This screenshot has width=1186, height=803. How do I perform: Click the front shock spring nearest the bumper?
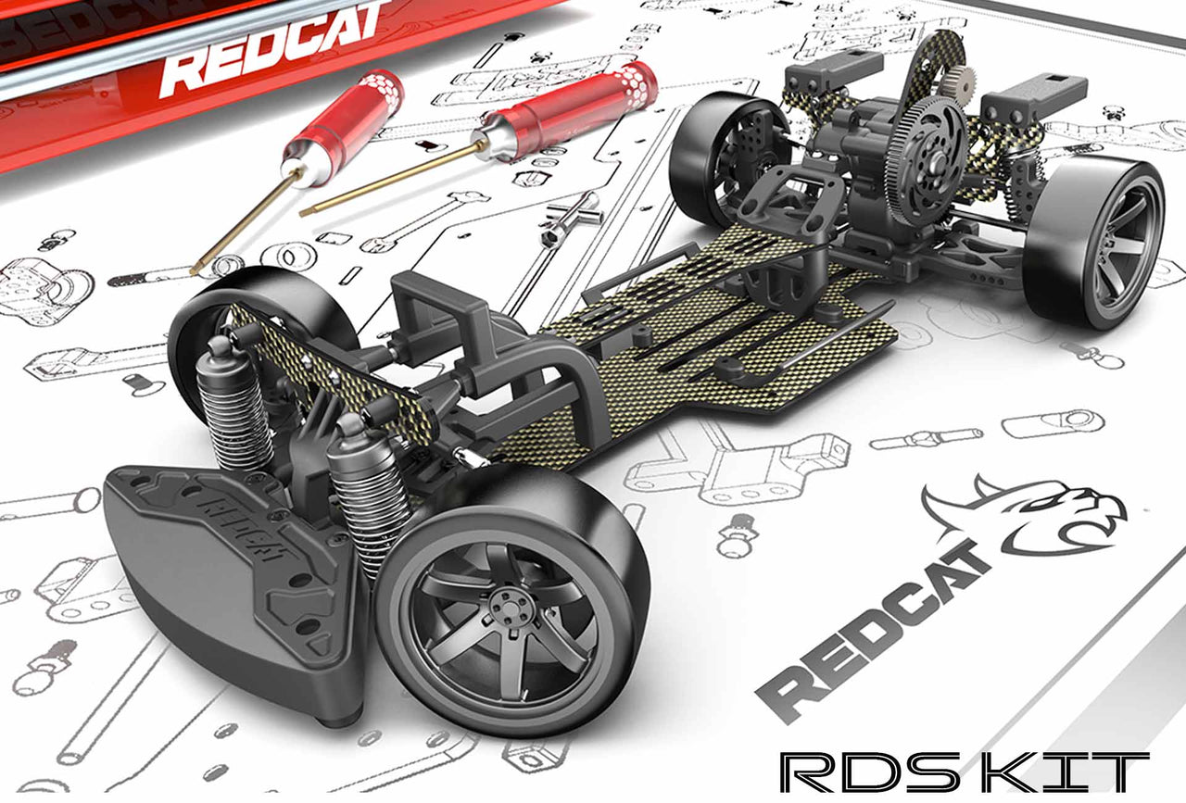pos(235,417)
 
